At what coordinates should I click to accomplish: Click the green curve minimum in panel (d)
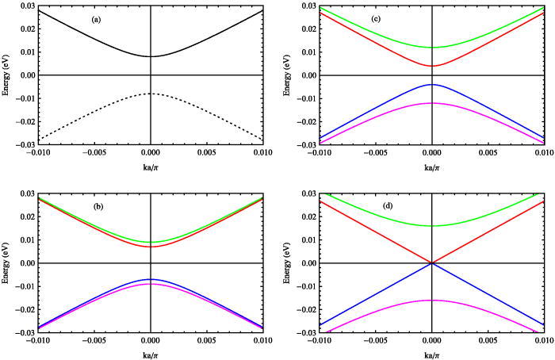point(431,226)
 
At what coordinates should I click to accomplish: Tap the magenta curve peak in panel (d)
point(431,301)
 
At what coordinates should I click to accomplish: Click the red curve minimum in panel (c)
point(431,66)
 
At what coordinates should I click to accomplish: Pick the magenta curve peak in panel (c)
point(431,103)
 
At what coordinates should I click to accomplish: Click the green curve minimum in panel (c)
point(431,47)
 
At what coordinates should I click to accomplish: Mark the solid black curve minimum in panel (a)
point(150,56)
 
